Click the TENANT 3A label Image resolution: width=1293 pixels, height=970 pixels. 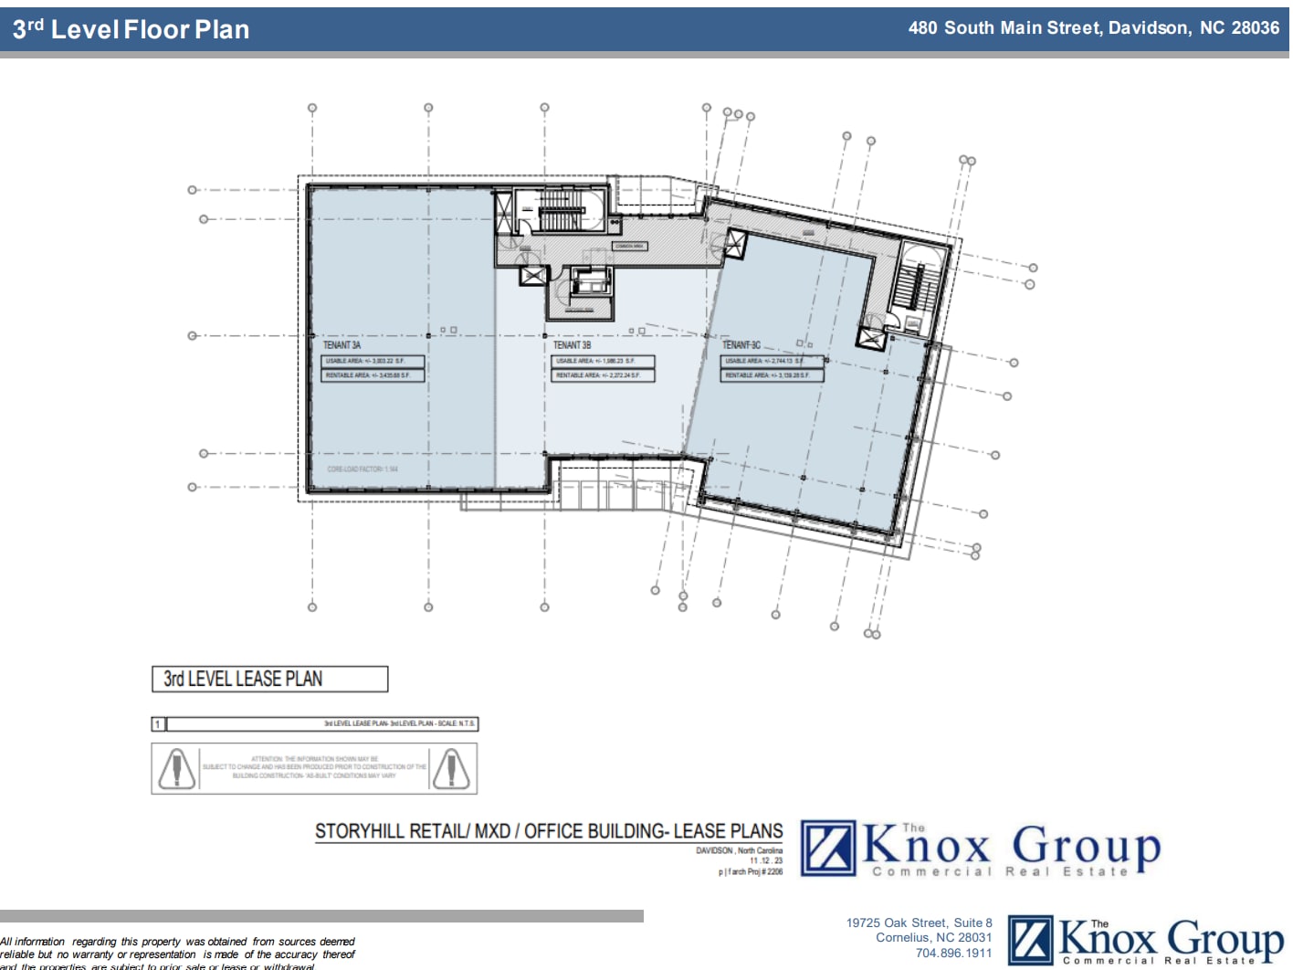pos(342,345)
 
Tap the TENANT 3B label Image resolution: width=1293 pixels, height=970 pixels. pos(572,345)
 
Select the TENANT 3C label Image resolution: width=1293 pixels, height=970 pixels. pos(741,345)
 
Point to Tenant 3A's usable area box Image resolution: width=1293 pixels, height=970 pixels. pos(373,361)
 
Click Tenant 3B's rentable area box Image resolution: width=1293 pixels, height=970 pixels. pos(603,375)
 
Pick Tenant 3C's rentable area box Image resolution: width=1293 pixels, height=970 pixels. pos(772,375)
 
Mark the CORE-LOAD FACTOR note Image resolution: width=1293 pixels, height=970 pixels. pos(363,469)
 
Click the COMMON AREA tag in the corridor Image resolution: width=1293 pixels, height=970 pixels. pos(628,246)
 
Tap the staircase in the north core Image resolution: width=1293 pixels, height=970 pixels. pos(559,217)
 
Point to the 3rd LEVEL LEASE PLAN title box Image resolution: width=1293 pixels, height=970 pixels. pos(269,679)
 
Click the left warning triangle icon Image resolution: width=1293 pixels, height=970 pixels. pos(176,768)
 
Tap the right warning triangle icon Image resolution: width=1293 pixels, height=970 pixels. pos(451,768)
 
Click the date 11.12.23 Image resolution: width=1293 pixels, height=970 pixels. pos(766,860)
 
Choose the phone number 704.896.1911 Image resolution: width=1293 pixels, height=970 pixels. pos(953,953)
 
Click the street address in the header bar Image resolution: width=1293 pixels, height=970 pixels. pos(1093,28)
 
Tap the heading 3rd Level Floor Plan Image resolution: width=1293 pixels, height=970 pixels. pos(131,29)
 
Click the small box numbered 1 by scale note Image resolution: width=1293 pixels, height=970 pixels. pos(158,724)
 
